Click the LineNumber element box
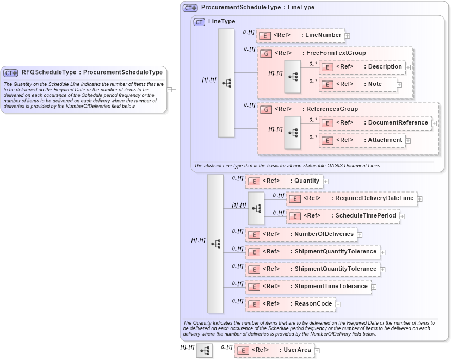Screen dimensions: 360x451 tap(300, 35)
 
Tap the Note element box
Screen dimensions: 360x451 tap(358, 84)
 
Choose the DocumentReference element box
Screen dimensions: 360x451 tap(375, 123)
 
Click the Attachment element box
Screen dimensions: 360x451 tap(362, 140)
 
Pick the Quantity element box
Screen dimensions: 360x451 tap(284, 181)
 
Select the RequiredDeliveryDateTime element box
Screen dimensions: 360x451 tap(351, 198)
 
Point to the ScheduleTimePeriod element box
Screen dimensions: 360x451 tap(343, 216)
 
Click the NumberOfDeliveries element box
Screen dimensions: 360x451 tap(301, 234)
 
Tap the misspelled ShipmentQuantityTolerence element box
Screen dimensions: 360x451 tap(312, 252)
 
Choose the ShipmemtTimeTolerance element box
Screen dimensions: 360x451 tap(308, 286)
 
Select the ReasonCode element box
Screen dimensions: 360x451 tap(290, 304)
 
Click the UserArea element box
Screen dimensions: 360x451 tap(274, 350)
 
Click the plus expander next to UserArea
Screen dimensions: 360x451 tap(317, 351)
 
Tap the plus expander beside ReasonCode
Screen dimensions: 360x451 tap(338, 305)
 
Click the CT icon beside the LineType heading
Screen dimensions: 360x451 tap(199, 22)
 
